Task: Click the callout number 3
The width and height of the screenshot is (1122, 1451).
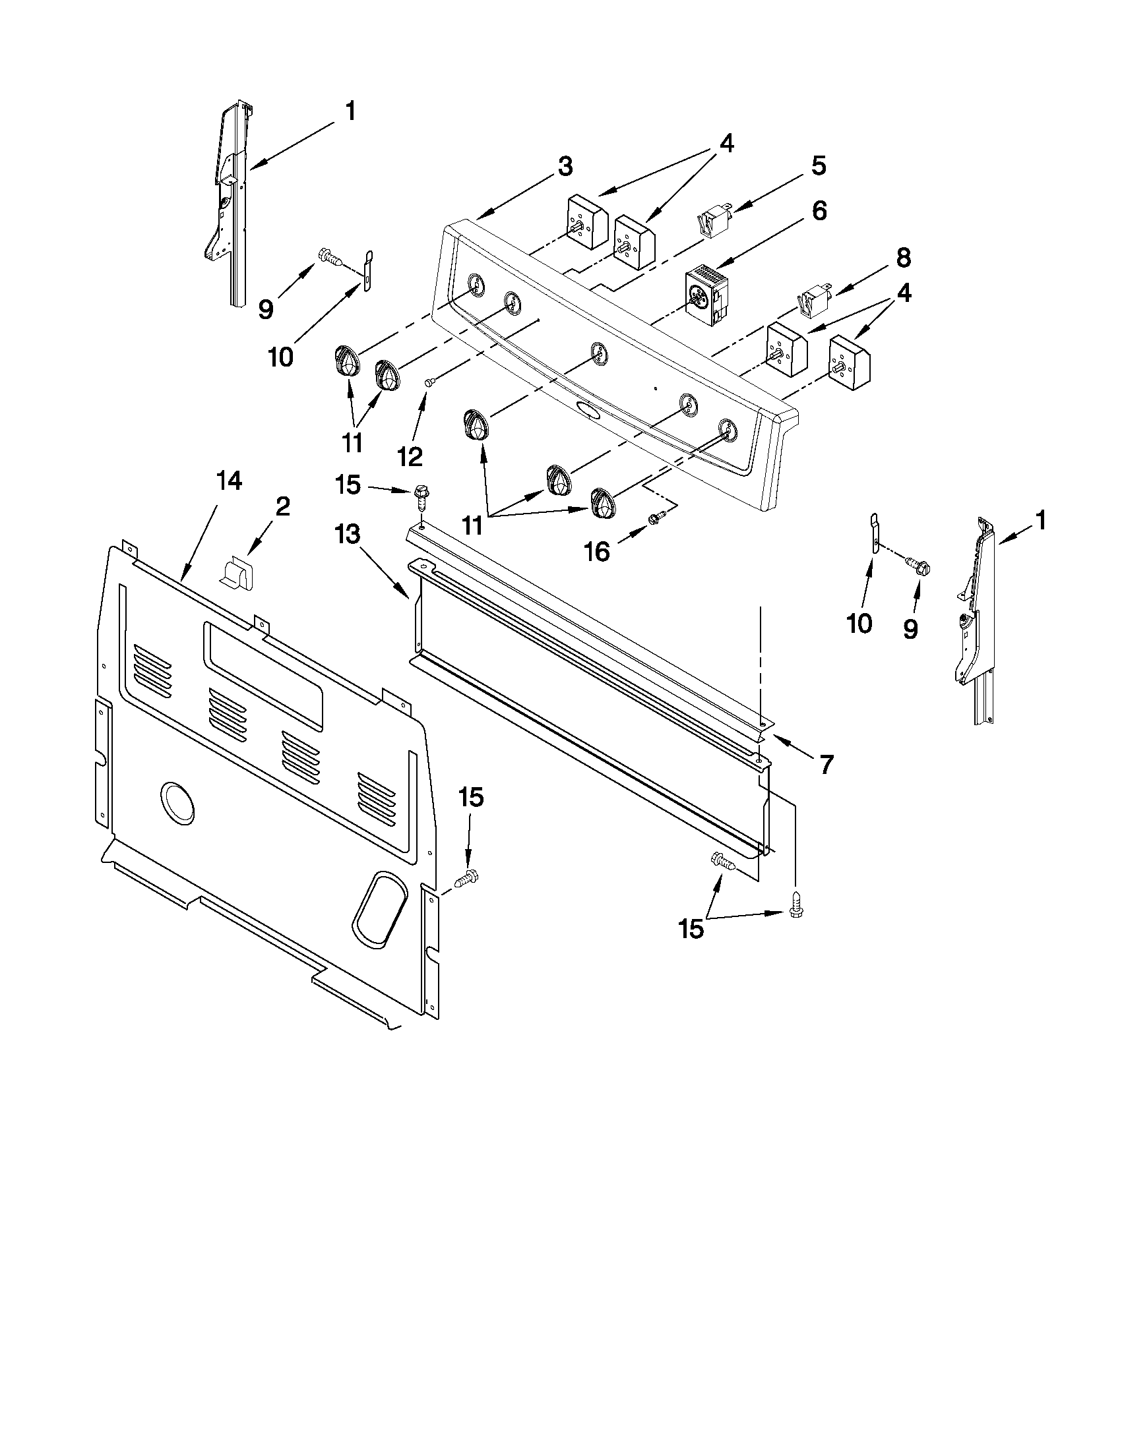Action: (x=565, y=167)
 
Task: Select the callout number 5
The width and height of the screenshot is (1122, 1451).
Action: (x=818, y=166)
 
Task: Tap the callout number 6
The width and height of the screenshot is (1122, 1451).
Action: (x=818, y=212)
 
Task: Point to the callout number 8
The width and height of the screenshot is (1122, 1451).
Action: (x=903, y=258)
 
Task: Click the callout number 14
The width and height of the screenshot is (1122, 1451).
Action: (x=229, y=482)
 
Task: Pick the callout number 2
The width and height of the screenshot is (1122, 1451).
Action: (x=282, y=508)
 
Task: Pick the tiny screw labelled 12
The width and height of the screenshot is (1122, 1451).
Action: (x=430, y=381)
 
